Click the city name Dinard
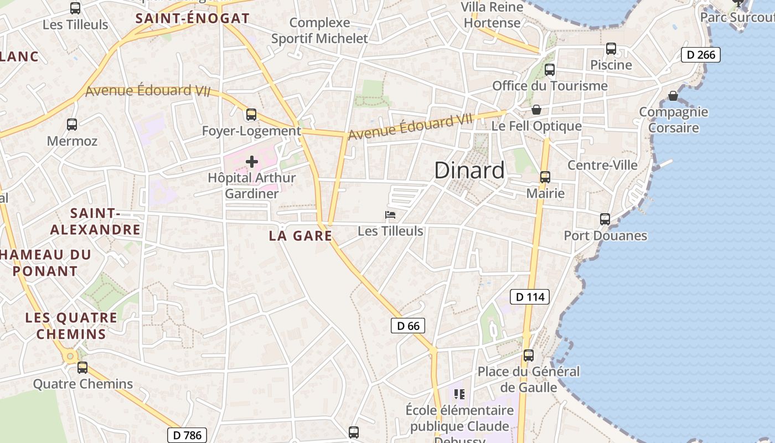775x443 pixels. click(x=469, y=171)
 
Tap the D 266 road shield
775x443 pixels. click(x=701, y=55)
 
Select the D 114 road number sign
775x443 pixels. click(x=530, y=297)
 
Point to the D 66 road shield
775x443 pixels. click(x=408, y=326)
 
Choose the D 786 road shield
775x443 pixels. click(x=187, y=435)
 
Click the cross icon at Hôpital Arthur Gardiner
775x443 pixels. click(x=252, y=162)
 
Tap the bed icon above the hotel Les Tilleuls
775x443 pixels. click(x=390, y=215)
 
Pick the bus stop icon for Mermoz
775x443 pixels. click(x=72, y=125)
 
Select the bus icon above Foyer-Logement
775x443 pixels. click(x=251, y=115)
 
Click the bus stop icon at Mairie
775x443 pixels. click(x=545, y=177)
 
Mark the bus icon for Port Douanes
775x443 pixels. click(x=605, y=219)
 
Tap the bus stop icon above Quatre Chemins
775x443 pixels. click(x=82, y=367)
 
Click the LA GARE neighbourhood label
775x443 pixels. click(x=301, y=236)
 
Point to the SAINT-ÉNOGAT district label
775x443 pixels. click(x=193, y=18)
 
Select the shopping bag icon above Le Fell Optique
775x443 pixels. click(x=536, y=110)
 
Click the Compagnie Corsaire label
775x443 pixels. click(x=673, y=120)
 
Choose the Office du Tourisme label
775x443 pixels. click(x=550, y=86)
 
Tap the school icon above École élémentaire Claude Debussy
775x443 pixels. click(x=459, y=394)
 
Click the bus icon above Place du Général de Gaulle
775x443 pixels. click(x=529, y=356)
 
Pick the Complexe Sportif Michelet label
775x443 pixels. click(x=319, y=30)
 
